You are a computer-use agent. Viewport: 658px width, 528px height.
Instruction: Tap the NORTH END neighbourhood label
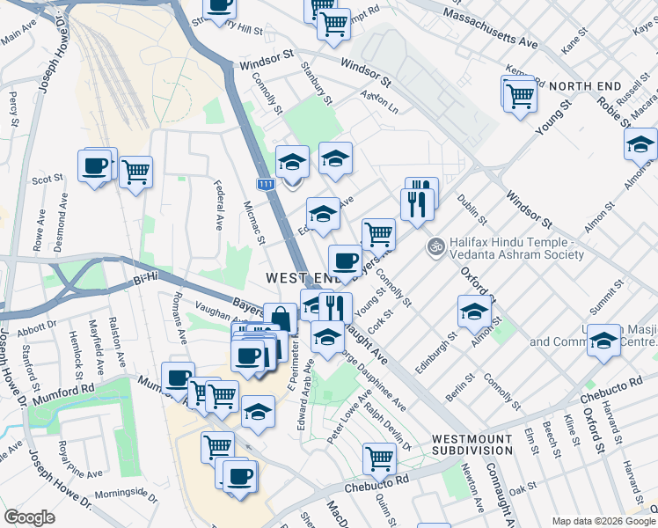(585, 86)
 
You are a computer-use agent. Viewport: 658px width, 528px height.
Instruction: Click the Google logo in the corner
(30, 517)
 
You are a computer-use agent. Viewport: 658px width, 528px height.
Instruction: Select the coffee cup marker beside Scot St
(94, 165)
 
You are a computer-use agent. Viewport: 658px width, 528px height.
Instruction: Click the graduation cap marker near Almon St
(474, 312)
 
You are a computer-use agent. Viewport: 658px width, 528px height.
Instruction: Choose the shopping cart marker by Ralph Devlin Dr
(378, 457)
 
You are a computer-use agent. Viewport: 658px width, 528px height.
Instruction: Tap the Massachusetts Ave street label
(490, 28)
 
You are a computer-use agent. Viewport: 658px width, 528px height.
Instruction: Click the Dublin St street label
(466, 210)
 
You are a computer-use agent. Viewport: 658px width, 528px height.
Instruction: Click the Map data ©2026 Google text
(602, 520)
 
